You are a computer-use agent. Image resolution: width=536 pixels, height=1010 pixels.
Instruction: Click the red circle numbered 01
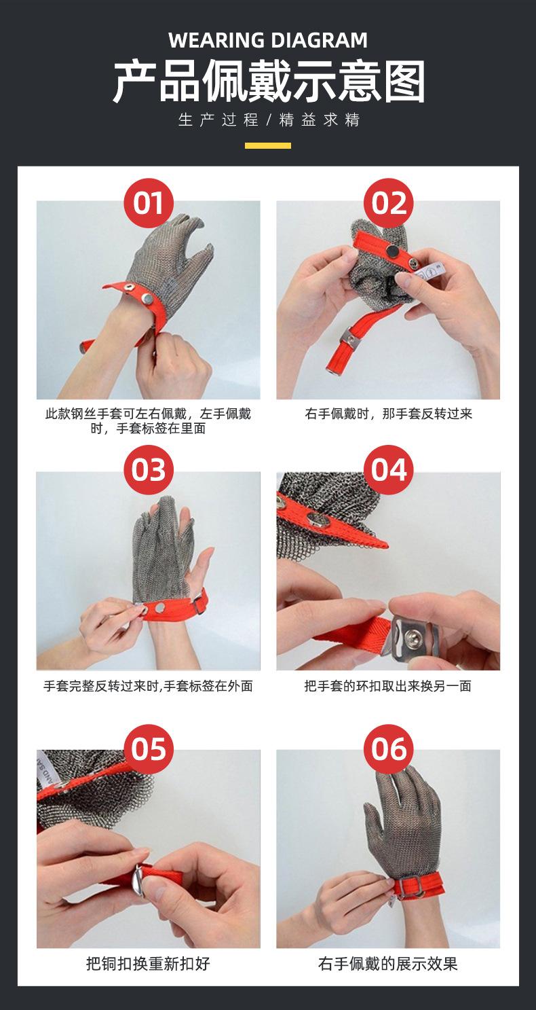coord(149,203)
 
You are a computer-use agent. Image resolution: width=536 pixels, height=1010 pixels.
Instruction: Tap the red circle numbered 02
coord(389,203)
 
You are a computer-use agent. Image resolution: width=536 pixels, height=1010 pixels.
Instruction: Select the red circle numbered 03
coord(149,469)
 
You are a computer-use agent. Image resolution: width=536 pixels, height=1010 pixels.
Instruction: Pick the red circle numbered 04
coord(389,469)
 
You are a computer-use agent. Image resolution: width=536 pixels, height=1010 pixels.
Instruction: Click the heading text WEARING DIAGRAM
coord(268,41)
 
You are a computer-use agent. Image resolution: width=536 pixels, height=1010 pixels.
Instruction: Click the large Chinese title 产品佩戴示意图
coord(268,82)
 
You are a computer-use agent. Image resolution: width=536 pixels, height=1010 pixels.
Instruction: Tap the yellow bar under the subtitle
coord(268,145)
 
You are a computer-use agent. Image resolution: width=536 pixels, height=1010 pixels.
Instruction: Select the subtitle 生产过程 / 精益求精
coord(268,121)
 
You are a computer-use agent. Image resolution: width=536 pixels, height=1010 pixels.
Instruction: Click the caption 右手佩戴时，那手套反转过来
coord(388,414)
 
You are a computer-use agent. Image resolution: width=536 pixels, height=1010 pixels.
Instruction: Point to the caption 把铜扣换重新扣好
coord(148,963)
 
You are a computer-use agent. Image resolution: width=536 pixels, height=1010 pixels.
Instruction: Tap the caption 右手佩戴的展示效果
coord(388,963)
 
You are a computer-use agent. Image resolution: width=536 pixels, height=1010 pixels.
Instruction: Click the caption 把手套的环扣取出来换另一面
coord(388,686)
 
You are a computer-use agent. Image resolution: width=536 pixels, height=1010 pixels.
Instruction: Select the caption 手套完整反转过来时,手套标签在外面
coord(148,686)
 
